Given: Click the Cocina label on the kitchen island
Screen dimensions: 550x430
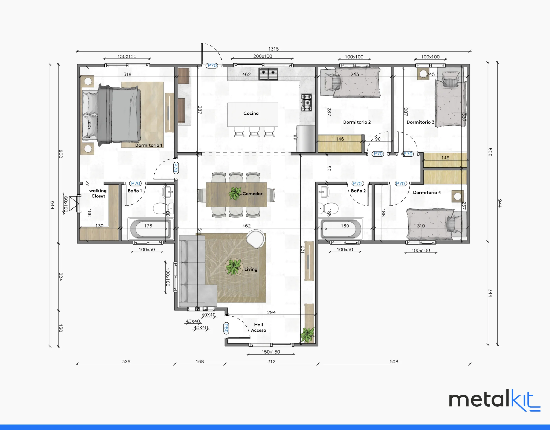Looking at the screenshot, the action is coord(251,113).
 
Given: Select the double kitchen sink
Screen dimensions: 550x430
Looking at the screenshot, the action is coord(268,74).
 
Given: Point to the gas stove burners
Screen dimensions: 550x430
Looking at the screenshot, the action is coord(307,103).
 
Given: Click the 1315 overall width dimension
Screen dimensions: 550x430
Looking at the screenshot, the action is coord(273,49).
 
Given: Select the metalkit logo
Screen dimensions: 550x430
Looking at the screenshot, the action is coord(495,400).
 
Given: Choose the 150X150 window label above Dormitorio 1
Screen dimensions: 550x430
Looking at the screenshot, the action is coord(127,57).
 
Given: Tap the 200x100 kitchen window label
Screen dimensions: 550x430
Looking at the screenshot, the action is coord(263,56).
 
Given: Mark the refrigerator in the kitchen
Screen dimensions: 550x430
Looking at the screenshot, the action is coord(306,139).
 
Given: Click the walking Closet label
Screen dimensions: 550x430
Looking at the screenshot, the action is coord(98,193).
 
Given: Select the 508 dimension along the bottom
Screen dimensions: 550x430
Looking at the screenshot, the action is coord(394,361).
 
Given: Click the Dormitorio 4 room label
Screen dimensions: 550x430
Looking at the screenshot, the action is coord(427,193).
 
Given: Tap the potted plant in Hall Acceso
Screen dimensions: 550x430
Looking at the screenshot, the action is coord(307,335).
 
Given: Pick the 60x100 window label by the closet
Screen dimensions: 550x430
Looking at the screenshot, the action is coord(66,204).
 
